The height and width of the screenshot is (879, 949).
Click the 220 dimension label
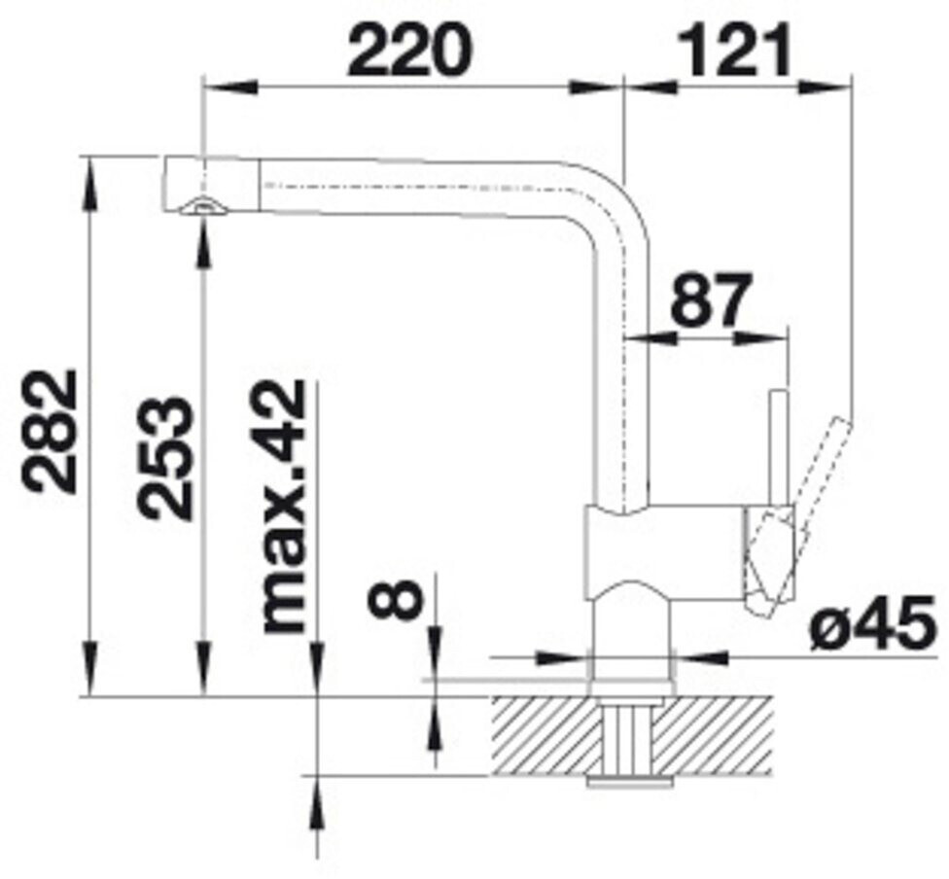coord(409,51)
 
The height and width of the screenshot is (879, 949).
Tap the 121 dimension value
coord(734,51)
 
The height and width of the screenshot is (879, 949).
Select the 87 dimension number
coord(711,299)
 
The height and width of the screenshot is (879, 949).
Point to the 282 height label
coord(50,431)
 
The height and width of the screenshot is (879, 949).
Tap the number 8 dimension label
coord(394,597)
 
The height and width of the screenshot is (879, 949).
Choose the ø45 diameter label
coord(869,623)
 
